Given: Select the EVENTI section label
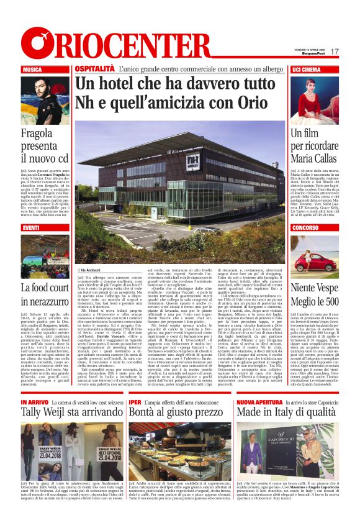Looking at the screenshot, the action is click(x=30, y=228).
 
